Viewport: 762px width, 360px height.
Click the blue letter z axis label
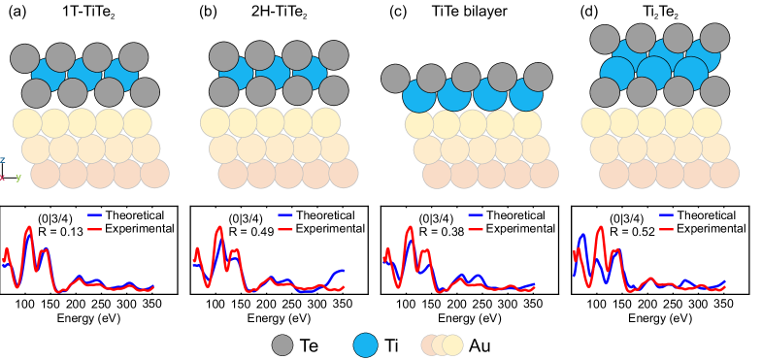pyautogui.click(x=2, y=160)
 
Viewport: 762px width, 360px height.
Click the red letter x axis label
pyautogui.click(x=2, y=178)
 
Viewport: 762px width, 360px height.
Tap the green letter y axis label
pyautogui.click(x=17, y=178)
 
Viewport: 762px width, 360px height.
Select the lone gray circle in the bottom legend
pyautogui.click(x=282, y=344)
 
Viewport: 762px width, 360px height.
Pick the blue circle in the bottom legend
pyautogui.click(x=365, y=344)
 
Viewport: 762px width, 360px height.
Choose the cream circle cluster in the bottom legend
pyautogui.click(x=442, y=344)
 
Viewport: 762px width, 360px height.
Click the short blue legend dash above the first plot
pyautogui.click(x=94, y=214)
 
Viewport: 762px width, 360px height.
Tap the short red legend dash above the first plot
pyautogui.click(x=94, y=229)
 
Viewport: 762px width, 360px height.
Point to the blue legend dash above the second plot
pyautogui.click(x=284, y=214)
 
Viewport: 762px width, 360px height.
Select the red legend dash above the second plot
pyautogui.click(x=284, y=229)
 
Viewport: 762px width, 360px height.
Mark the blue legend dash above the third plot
pyautogui.click(x=475, y=214)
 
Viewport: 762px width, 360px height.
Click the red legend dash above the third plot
pyautogui.click(x=475, y=229)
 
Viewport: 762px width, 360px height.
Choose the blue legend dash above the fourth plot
pyautogui.click(x=666, y=214)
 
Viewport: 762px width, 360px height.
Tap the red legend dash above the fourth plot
pyautogui.click(x=666, y=229)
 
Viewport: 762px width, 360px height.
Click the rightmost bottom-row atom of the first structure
pyautogui.click(x=154, y=174)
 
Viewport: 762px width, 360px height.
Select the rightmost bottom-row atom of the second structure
pyautogui.click(x=343, y=174)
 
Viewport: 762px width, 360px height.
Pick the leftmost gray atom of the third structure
pyautogui.click(x=395, y=79)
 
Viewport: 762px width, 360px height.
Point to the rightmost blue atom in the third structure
pyautogui.click(x=526, y=95)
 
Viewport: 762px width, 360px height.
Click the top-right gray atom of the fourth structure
pyautogui.click(x=714, y=38)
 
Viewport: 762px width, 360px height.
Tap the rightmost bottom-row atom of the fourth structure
pyautogui.click(x=724, y=174)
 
